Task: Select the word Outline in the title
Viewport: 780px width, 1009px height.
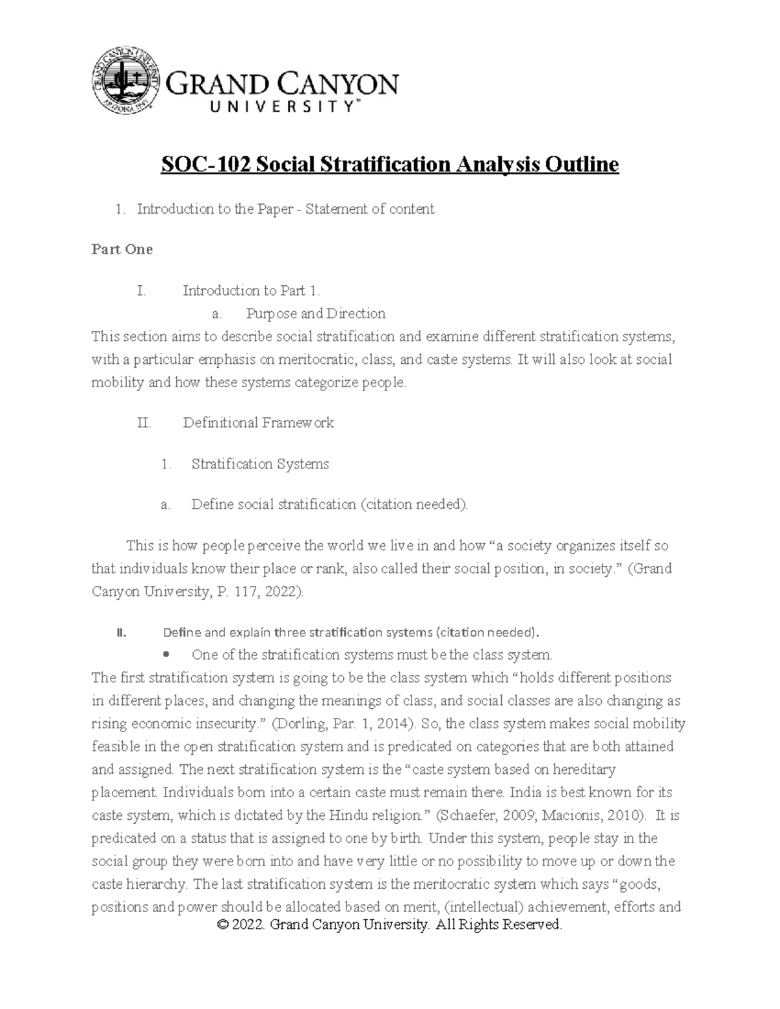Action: [x=581, y=165]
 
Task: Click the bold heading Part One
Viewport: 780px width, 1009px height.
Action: [x=122, y=249]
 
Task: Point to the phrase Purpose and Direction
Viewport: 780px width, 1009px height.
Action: [x=315, y=314]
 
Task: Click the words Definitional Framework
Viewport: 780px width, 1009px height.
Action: [x=258, y=423]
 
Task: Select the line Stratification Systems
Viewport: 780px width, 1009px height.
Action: [x=260, y=464]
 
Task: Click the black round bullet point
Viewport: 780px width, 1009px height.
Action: [x=167, y=654]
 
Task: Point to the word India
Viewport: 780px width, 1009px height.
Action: [x=525, y=793]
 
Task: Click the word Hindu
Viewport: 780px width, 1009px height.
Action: [x=348, y=815]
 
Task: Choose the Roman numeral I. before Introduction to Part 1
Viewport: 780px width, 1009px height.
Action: [x=141, y=290]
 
